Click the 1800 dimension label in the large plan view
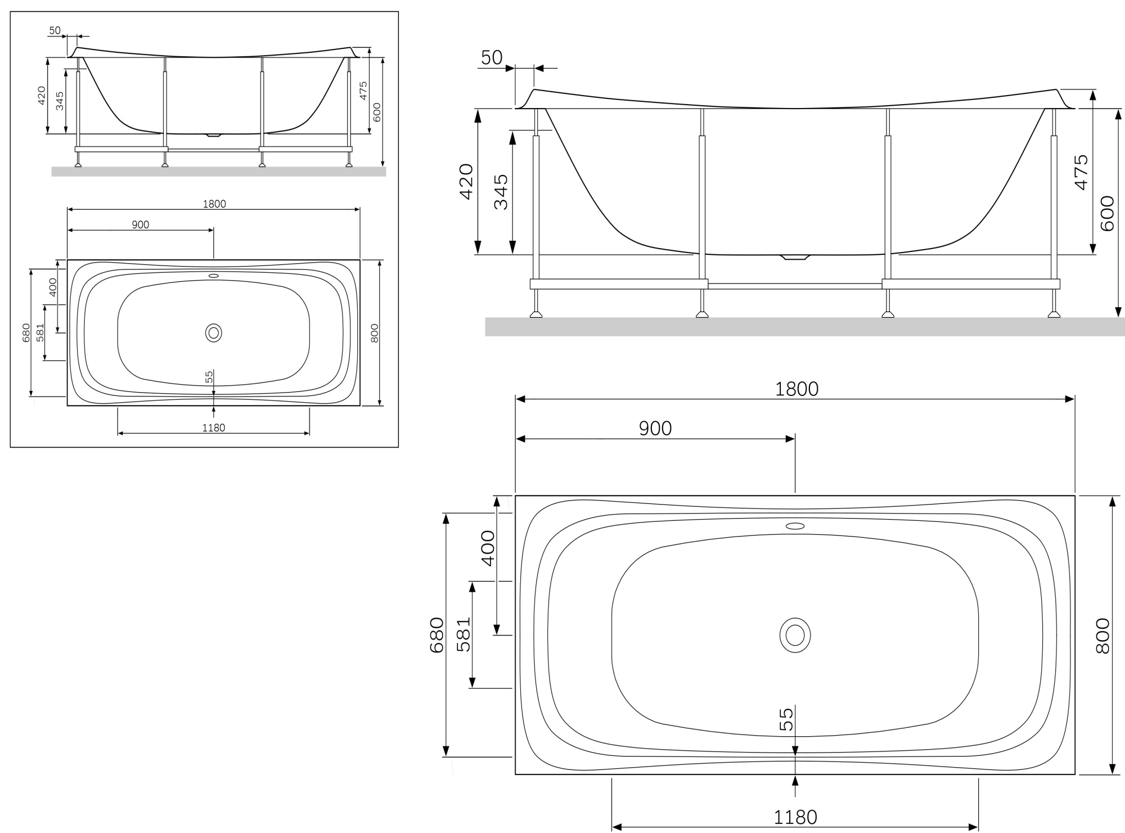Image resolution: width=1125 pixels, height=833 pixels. coord(796,389)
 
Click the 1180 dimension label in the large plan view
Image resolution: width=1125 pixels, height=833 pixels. coord(795,817)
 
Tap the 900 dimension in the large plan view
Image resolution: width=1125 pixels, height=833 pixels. coord(655,429)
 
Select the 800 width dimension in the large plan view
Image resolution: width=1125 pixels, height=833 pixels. coord(1102,636)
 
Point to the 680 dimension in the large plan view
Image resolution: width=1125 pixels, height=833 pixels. coord(437,635)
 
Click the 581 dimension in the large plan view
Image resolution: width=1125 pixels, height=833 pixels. coord(463,635)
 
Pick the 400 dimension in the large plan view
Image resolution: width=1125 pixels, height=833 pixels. coord(488,548)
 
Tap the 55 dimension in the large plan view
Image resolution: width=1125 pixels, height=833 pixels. coord(786,719)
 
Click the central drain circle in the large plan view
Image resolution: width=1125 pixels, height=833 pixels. coord(795,636)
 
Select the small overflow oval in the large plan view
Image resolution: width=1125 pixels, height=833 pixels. coord(795,526)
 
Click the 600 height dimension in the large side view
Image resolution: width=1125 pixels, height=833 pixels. coord(1106,213)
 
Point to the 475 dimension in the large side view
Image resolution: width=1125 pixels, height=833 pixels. coord(1081,173)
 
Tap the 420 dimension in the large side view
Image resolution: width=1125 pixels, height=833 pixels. coord(466,181)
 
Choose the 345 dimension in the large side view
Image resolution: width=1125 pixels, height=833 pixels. coord(501,192)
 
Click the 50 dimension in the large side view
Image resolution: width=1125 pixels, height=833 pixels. coord(492,57)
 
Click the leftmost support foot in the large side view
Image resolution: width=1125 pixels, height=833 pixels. coord(536,314)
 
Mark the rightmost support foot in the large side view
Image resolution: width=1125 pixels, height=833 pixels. coord(1054,314)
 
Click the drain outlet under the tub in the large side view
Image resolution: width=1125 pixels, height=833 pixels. coord(795,258)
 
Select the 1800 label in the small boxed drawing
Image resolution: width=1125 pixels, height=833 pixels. coord(214,204)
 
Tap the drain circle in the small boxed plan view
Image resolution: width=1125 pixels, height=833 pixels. coord(214,333)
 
